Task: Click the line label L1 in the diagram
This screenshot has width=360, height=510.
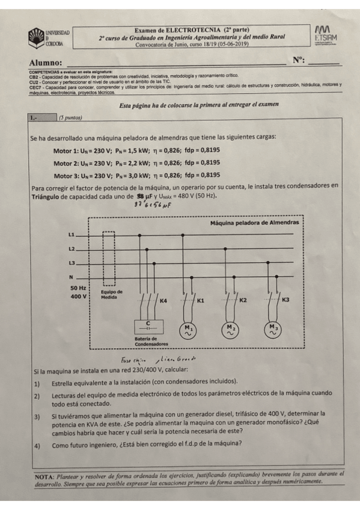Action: click(73, 234)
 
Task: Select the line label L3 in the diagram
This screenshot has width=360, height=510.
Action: click(73, 263)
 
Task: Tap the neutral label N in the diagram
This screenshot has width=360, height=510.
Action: click(72, 277)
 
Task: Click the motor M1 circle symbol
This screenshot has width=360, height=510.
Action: click(189, 329)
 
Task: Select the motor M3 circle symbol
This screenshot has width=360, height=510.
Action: click(273, 329)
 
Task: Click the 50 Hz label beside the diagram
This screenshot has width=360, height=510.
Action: click(79, 287)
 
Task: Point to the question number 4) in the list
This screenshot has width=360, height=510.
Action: click(37, 446)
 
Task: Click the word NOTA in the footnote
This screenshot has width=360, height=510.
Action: click(46, 475)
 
